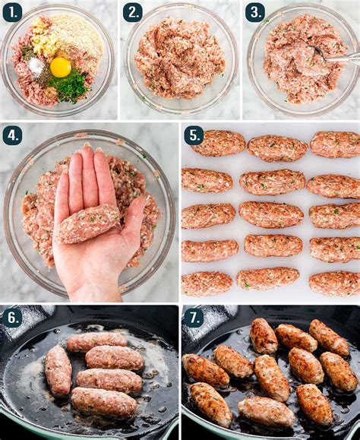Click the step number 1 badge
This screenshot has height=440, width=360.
click(12, 12)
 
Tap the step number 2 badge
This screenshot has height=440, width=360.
click(133, 12)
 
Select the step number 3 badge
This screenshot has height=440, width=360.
click(254, 12)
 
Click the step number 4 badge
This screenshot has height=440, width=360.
click(12, 135)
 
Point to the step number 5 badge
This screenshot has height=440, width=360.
click(194, 135)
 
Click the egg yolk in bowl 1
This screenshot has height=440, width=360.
click(60, 67)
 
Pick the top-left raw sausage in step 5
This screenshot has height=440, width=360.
click(218, 143)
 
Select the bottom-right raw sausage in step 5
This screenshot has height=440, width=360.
click(334, 283)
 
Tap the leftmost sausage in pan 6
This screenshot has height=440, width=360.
click(58, 370)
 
